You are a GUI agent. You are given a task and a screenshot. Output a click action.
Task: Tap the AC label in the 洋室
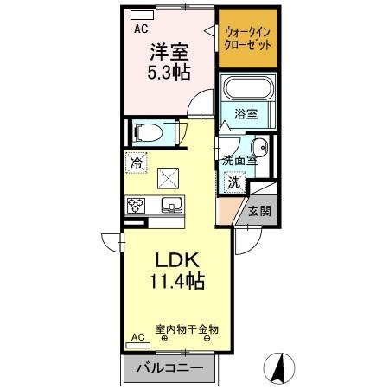[x=140, y=28]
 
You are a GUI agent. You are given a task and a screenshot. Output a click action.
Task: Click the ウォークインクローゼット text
[x=247, y=37]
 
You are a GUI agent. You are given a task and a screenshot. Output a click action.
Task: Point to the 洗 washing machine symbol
[x=234, y=182]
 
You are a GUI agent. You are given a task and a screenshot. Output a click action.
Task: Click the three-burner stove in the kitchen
[x=137, y=206]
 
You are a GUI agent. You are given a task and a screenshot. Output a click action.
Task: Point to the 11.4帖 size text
[x=180, y=282]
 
